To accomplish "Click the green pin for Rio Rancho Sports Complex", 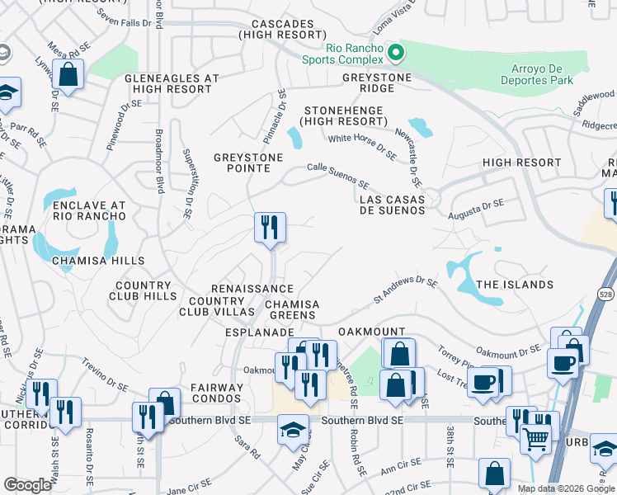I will (396, 54).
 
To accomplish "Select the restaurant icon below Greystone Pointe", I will (270, 228).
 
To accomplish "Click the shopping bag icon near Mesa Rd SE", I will (68, 75).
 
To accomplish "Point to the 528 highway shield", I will (606, 294).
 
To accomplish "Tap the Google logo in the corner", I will (28, 484).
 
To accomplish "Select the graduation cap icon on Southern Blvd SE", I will (293, 430).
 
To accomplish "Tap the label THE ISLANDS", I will (515, 285).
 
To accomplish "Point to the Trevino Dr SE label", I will (104, 379).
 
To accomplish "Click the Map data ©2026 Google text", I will (565, 488).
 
